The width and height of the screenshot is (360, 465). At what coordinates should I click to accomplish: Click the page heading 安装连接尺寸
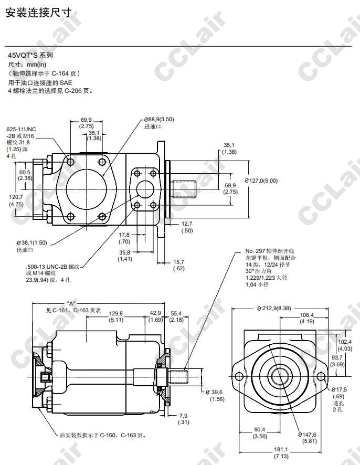click(x=39, y=13)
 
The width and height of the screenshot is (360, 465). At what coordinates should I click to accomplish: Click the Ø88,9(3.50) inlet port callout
click(x=159, y=123)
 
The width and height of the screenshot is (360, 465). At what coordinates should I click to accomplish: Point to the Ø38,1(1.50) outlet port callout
click(x=31, y=246)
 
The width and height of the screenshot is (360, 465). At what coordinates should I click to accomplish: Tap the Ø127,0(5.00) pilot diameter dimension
click(x=261, y=181)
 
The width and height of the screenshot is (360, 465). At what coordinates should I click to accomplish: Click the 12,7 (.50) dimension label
click(x=187, y=227)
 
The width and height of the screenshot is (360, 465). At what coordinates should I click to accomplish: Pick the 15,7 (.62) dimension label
click(x=178, y=265)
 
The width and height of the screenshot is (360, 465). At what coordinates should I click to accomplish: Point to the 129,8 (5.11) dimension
click(x=116, y=316)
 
